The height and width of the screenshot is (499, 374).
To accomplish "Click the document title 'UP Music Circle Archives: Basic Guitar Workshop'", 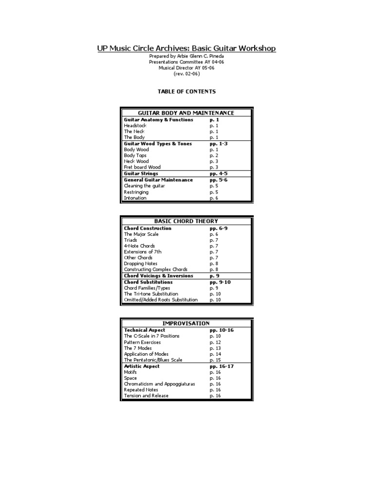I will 187,48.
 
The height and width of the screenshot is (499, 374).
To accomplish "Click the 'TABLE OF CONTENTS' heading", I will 187,91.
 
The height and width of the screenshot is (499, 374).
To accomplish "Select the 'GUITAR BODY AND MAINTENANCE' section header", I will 187,113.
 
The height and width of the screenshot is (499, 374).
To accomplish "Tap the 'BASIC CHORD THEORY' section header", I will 187,221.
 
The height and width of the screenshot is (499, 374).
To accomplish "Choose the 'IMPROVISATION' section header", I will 187,323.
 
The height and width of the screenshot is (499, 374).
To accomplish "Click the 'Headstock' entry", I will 135,126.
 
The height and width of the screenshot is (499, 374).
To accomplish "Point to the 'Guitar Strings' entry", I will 141,173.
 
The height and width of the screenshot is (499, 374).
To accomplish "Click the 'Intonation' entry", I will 135,198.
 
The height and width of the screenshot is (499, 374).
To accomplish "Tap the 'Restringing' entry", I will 136,192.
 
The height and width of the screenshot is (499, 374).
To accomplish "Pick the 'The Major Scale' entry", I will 141,234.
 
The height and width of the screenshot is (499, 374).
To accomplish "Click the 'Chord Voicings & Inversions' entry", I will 159,276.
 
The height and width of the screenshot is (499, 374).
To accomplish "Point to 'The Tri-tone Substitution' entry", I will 151,294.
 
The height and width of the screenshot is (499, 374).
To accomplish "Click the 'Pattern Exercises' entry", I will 142,343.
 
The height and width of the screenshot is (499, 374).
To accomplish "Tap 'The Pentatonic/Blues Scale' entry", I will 153,360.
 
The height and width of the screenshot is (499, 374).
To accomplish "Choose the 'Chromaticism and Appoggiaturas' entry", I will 159,384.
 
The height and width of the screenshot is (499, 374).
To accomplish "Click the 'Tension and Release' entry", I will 146,396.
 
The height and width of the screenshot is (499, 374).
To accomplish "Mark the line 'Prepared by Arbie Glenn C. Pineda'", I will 187,57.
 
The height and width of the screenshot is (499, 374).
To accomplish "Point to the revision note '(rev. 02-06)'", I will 187,74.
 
